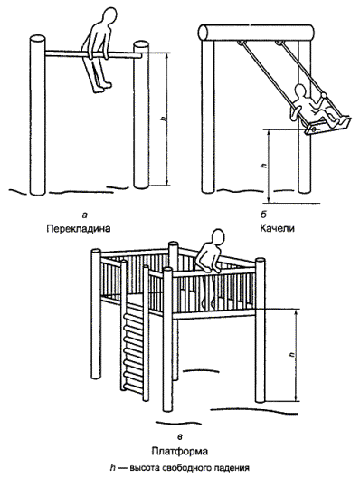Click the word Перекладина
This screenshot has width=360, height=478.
coord(79,229)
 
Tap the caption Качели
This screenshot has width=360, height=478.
coord(277,228)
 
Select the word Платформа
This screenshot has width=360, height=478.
coord(180,451)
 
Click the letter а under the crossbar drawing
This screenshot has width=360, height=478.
coord(85,215)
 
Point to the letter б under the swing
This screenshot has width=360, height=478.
coord(263,215)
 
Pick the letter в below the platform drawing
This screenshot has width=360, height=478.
coord(180,437)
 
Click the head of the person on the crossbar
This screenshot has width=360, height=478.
coord(109,16)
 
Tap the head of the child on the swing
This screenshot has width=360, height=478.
coord(300,92)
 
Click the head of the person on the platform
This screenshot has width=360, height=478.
coord(217,238)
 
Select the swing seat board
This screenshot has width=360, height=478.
coord(327,126)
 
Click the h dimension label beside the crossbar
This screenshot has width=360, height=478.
coord(164,119)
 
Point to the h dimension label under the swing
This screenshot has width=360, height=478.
coord(264,166)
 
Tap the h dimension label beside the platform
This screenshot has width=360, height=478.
coord(293,355)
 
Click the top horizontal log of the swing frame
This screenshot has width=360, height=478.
coord(256,33)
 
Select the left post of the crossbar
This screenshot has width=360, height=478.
coord(38,115)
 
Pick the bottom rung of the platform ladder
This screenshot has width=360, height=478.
coord(133,388)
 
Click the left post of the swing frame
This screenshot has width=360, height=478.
coord(208,116)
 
